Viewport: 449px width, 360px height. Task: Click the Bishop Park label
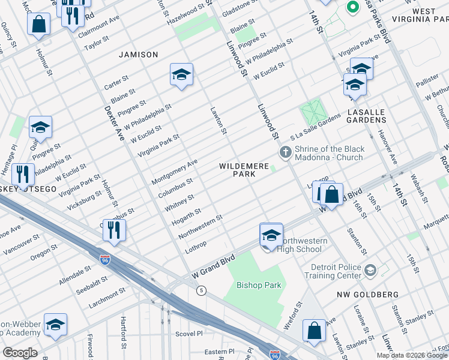click(x=255, y=284)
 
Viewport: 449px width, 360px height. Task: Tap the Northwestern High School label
click(x=306, y=245)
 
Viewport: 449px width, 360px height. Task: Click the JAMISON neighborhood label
click(x=139, y=55)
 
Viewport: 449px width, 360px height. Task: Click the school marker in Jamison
click(x=181, y=74)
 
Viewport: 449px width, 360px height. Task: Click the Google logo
click(x=20, y=353)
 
